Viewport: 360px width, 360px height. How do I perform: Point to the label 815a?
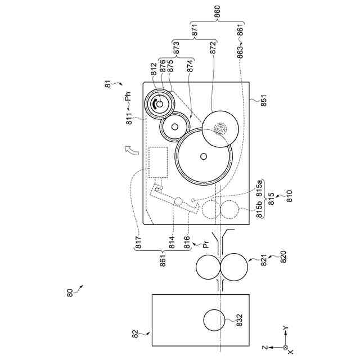(260, 187)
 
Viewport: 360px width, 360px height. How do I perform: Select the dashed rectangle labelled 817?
(159, 161)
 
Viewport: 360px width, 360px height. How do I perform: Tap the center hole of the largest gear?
(203, 156)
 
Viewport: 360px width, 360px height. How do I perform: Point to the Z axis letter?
(272, 348)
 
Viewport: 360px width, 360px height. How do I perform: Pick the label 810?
(290, 196)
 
